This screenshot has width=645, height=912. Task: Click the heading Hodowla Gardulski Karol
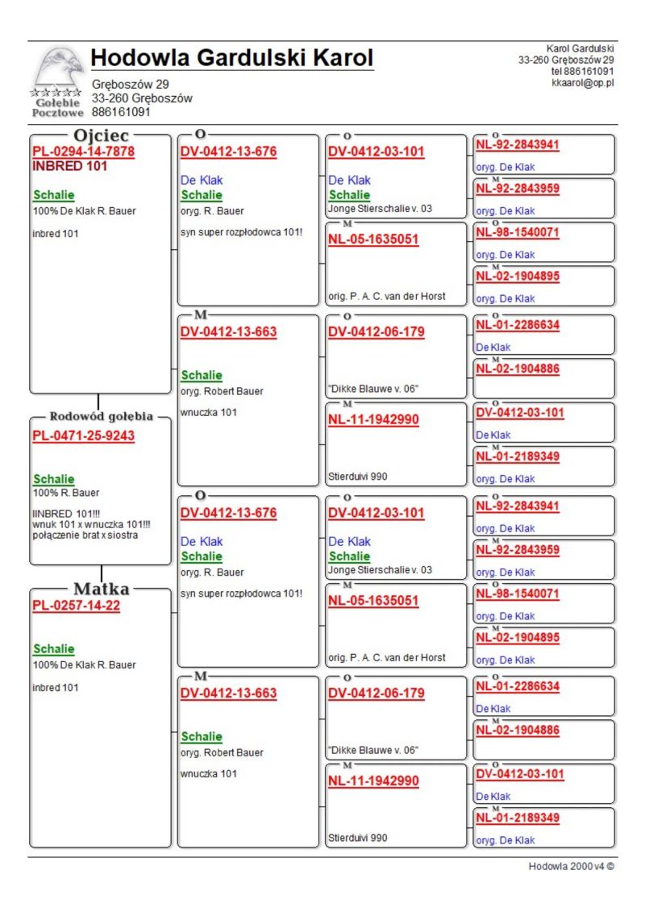coord(232,58)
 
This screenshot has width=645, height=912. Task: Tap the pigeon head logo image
coord(59,68)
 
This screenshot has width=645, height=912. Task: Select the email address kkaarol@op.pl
coord(583,82)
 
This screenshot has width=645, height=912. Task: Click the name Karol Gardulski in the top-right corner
coord(580,49)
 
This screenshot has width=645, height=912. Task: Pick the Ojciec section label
coord(101,135)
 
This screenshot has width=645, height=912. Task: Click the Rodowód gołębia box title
coord(101,417)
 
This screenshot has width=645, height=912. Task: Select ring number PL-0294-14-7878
coord(83,152)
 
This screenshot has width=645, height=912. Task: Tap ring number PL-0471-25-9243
coord(83,436)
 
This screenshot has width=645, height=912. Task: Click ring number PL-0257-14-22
coord(76,606)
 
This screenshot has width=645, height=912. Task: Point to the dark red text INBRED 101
coord(69,166)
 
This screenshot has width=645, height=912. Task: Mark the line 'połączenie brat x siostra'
coord(84,535)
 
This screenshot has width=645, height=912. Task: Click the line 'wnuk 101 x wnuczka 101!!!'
coord(90,525)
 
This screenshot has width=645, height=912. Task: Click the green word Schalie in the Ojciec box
coord(53,195)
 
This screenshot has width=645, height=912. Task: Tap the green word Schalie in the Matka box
coord(53,649)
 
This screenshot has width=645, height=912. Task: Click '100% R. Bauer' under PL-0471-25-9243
coord(66,493)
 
